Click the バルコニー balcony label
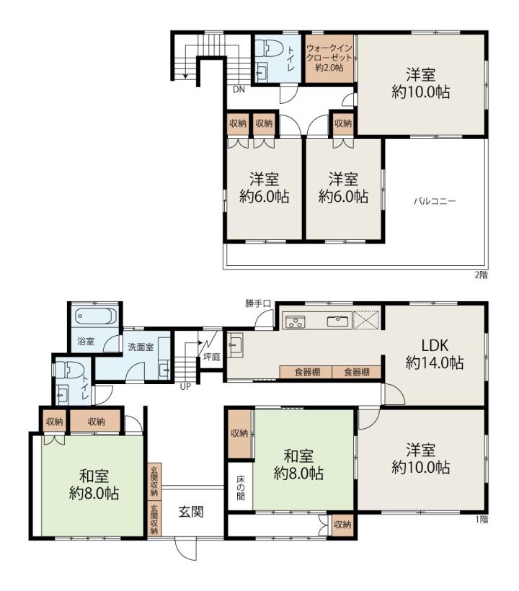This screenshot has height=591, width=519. click(x=435, y=201)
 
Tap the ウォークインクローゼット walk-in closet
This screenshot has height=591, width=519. click(x=329, y=59)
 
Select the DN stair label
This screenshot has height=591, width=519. click(x=239, y=89)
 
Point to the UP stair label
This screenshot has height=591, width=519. click(x=185, y=387)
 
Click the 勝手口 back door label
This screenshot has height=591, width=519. click(x=258, y=303)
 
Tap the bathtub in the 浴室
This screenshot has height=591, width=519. click(x=96, y=316)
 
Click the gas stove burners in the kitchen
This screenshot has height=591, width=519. click(x=295, y=321)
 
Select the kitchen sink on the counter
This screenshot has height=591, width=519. click(x=337, y=321)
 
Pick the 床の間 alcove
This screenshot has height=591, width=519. click(x=241, y=488)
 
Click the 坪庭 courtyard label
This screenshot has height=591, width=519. click(x=211, y=357)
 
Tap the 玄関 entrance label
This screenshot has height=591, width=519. click(x=191, y=512)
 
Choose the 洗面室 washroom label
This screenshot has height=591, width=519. click(x=141, y=347)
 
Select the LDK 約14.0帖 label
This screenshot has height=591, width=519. click(x=434, y=354)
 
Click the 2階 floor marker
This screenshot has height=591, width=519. click(x=481, y=275)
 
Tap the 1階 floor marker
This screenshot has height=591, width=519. click(x=482, y=520)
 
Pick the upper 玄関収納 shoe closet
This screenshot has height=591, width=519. click(x=154, y=481)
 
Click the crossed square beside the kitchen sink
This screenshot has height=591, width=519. click(x=365, y=321)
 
